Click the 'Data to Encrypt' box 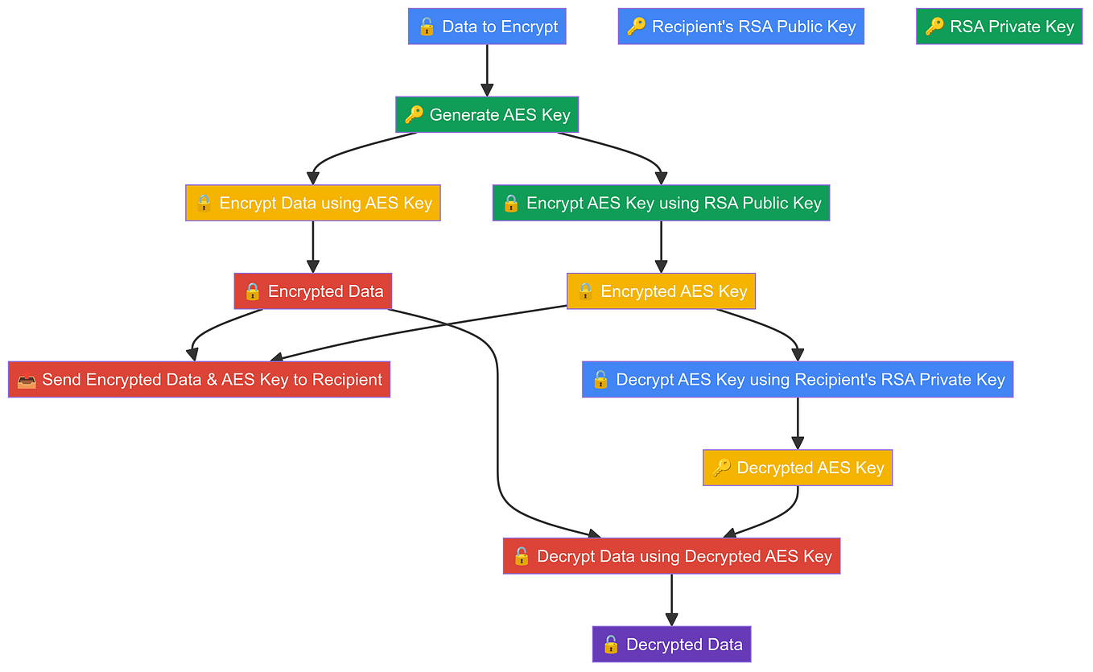(487, 27)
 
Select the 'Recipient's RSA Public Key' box (740, 27)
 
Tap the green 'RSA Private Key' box (999, 27)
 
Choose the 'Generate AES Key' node (487, 115)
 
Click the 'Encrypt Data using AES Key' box (313, 203)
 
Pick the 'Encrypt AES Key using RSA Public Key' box (661, 203)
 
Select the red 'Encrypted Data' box (313, 291)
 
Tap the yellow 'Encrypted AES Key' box (661, 291)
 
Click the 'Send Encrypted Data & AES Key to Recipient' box (199, 380)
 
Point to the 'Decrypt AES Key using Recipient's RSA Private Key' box (798, 380)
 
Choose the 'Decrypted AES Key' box (798, 468)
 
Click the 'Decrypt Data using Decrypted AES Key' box (671, 556)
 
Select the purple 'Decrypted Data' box (671, 645)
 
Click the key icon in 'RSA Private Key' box (934, 27)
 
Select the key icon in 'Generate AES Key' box (414, 115)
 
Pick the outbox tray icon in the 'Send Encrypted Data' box (26, 380)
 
